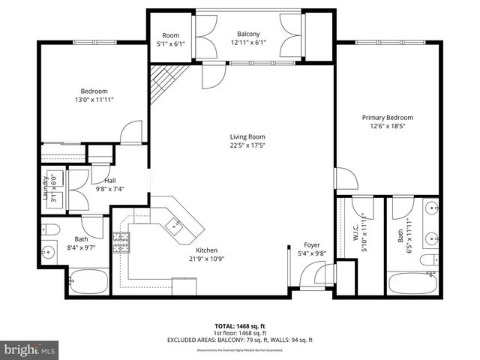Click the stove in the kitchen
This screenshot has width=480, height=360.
tap(120, 241)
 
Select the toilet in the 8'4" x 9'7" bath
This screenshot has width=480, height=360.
tap(52, 228)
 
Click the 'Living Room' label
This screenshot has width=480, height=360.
tap(247, 136)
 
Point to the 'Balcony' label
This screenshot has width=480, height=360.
tap(248, 34)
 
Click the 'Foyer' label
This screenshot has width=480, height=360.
tap(312, 244)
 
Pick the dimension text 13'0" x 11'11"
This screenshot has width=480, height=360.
tap(94, 99)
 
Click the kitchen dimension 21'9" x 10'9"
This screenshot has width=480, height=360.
tap(206, 259)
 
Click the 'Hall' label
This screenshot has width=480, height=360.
tap(109, 180)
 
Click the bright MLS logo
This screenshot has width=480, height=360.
tap(30, 349)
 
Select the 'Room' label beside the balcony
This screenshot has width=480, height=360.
tap(171, 34)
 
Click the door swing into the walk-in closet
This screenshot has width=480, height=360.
tap(363, 205)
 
